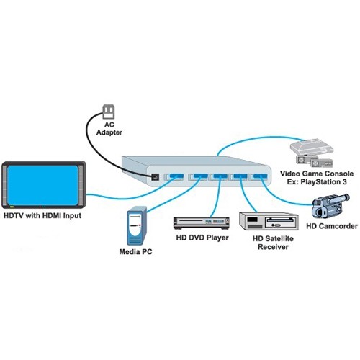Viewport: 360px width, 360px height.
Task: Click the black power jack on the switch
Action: click(x=153, y=176)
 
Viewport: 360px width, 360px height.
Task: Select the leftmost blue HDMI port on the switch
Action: click(x=174, y=176)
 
